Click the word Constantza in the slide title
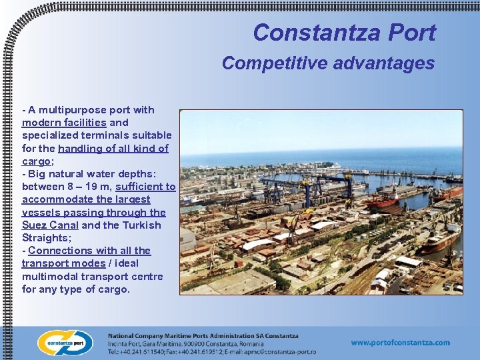point(307,33)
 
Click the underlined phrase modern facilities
point(64,123)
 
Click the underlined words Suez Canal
point(50,225)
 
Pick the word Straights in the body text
point(45,238)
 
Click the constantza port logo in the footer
point(65,343)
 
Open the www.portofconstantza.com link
point(400,343)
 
